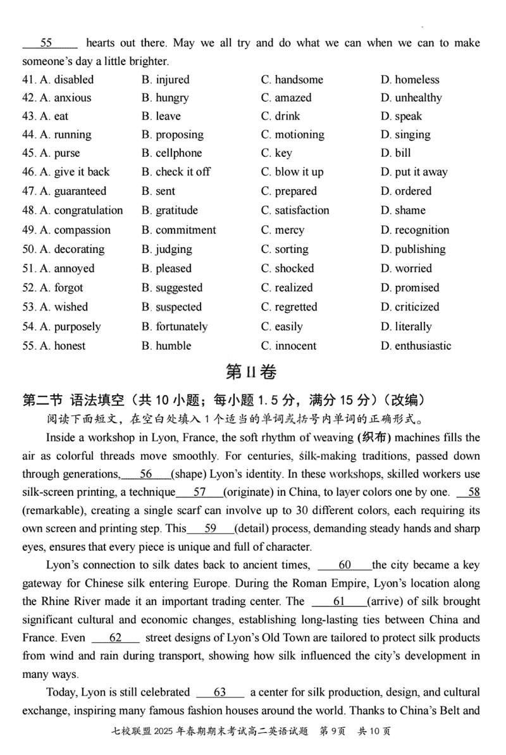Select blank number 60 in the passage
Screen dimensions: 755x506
coord(345,565)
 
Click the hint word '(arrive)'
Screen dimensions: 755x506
coord(387,601)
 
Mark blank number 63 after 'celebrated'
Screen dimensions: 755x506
coord(220,692)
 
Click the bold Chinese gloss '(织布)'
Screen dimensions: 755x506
coord(376,438)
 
